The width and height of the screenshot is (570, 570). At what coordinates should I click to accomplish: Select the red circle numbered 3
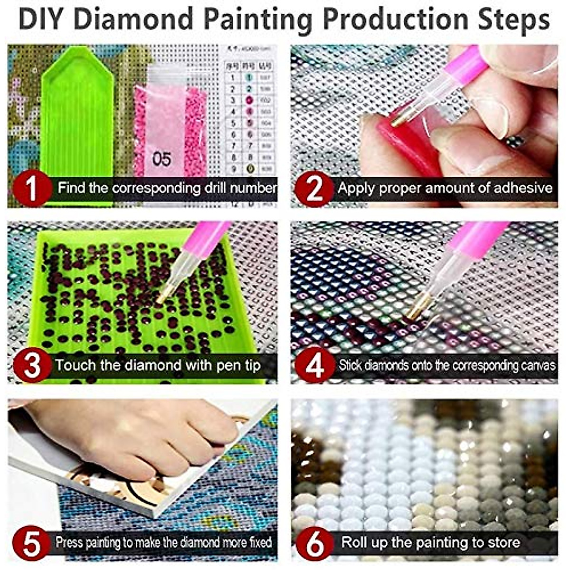pyautogui.click(x=31, y=366)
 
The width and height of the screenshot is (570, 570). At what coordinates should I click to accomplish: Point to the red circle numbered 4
pyautogui.click(x=314, y=366)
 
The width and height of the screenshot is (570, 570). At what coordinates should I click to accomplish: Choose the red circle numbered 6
pyautogui.click(x=314, y=543)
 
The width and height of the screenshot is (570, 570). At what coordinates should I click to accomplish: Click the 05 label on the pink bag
pyautogui.click(x=161, y=159)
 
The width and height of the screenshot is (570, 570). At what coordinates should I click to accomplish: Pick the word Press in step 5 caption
pyautogui.click(x=69, y=542)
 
